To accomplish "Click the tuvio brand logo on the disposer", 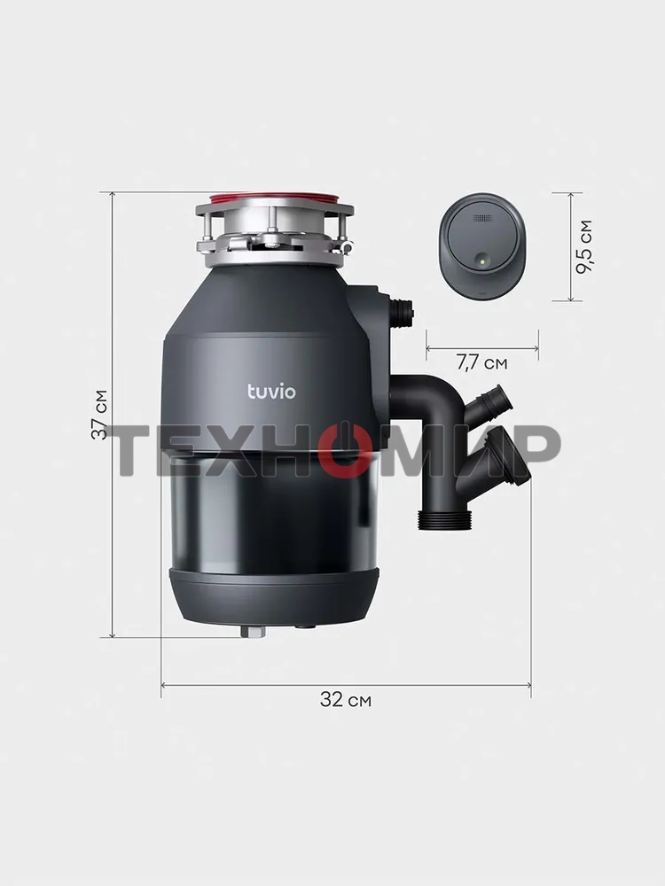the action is coord(271,391).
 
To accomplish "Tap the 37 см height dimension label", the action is coord(99,414).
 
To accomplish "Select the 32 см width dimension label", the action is coord(346,700).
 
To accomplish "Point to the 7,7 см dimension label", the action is coord(481,362).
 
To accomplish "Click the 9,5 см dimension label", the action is coord(584,247).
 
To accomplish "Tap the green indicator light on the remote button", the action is coord(481,261).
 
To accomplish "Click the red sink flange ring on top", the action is coord(274,198).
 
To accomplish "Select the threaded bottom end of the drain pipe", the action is coord(444,520).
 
